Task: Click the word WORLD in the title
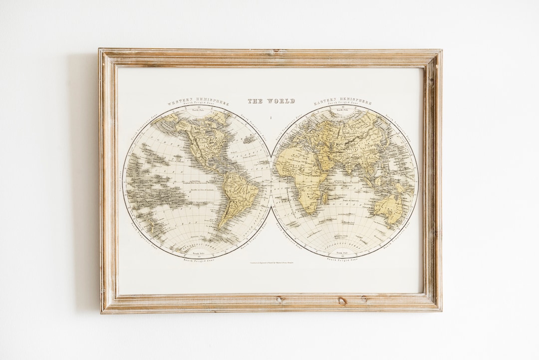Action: pyautogui.click(x=281, y=101)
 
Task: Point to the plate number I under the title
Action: pyautogui.click(x=270, y=118)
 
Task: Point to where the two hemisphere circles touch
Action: pyautogui.click(x=270, y=182)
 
